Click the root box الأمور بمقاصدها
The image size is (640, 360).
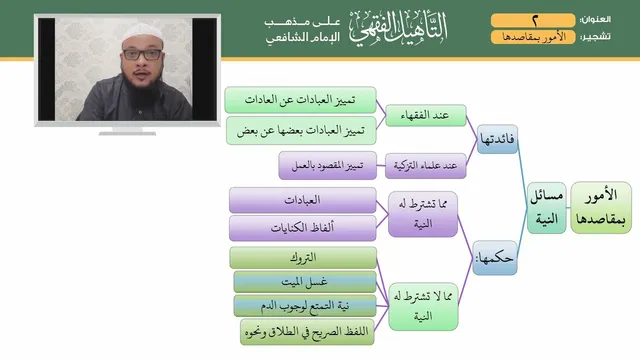point(601,208)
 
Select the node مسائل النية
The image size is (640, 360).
point(547,208)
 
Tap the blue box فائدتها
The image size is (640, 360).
point(497,139)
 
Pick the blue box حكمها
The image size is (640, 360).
point(495,258)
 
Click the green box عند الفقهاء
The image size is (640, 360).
point(426,116)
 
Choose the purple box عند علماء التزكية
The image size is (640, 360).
point(425,166)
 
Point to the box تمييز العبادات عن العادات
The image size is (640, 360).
point(300,100)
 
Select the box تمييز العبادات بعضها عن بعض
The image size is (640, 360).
point(301,131)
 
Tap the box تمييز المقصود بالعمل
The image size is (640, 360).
point(327,165)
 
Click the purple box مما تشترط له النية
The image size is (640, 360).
point(423,214)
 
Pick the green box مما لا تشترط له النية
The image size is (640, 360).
point(423,307)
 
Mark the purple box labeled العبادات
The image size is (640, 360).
point(302,200)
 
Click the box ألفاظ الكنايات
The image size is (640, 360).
point(302,228)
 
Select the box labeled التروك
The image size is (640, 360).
point(303,258)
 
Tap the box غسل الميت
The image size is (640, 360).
point(304,282)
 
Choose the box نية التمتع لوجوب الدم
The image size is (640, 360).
point(304,306)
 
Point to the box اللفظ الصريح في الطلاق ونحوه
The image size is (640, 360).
point(307,332)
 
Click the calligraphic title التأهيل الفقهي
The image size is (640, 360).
point(398,28)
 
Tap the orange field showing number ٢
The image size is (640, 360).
point(533,20)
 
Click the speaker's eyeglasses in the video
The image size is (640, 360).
point(142,54)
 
